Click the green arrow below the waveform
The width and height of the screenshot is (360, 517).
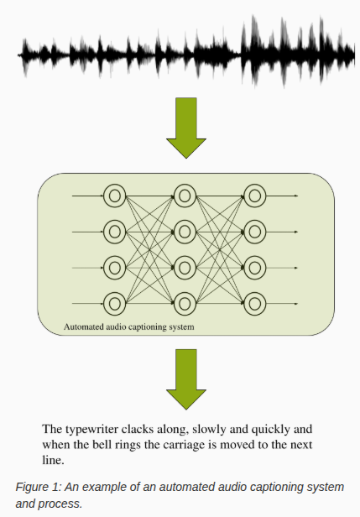pos(185,127)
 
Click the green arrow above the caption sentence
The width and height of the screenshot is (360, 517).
pos(185,378)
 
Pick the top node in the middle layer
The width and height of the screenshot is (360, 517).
pos(185,196)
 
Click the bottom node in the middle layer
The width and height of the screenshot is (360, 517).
pos(185,302)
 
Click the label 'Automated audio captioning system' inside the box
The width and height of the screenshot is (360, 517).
pos(129,326)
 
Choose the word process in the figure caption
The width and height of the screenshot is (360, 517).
pos(60,504)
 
